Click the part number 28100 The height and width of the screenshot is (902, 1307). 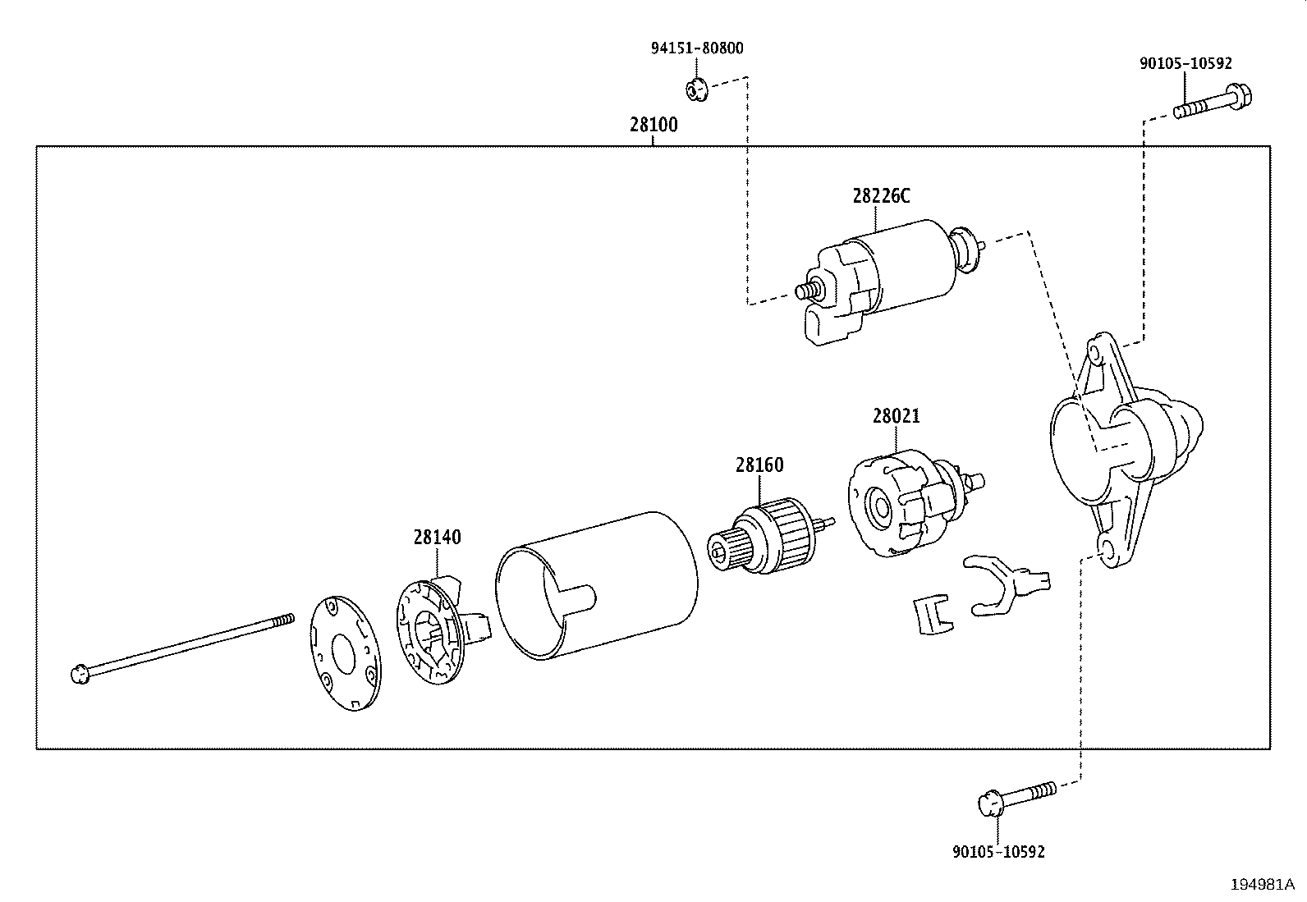653,126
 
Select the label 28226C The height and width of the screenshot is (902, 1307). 881,196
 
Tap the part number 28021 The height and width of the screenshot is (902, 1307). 896,416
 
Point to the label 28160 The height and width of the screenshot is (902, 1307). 759,465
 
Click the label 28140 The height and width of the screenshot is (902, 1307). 437,538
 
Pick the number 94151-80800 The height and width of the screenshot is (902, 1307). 697,48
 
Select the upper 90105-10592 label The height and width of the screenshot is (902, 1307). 1185,63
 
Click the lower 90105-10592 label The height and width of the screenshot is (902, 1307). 998,852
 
